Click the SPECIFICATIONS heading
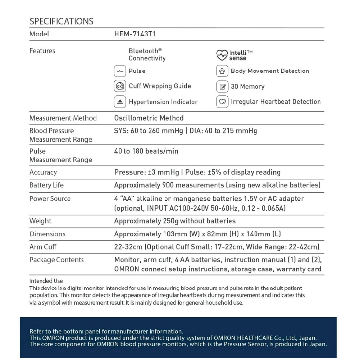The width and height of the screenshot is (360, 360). pyautogui.click(x=61, y=21)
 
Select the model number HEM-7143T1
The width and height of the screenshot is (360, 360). pyautogui.click(x=135, y=34)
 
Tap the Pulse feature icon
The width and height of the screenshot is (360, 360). pyautogui.click(x=120, y=71)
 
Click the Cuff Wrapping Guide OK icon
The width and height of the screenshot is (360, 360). pyautogui.click(x=120, y=86)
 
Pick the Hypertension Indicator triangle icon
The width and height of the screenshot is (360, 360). pyautogui.click(x=120, y=102)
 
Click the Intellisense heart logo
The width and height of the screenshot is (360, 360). pyautogui.click(x=222, y=55)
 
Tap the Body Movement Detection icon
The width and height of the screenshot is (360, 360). pyautogui.click(x=222, y=71)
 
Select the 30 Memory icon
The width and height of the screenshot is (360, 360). pyautogui.click(x=222, y=86)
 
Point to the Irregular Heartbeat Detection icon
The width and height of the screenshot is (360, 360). pyautogui.click(x=222, y=102)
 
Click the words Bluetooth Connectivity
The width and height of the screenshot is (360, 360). pyautogui.click(x=147, y=55)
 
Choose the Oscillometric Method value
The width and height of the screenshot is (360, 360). pyautogui.click(x=149, y=118)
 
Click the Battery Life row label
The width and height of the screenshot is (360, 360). pyautogui.click(x=46, y=185)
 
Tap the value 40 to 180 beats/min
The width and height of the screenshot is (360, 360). pyautogui.click(x=146, y=151)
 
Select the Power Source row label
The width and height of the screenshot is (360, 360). pyautogui.click(x=50, y=199)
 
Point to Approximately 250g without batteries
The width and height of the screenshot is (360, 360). pyautogui.click(x=175, y=221)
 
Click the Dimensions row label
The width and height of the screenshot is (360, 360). pyautogui.click(x=47, y=234)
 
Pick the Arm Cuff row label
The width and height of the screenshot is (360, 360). pyautogui.click(x=43, y=247)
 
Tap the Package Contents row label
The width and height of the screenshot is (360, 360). pyautogui.click(x=56, y=260)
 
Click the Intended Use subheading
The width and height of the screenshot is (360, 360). pyautogui.click(x=46, y=281)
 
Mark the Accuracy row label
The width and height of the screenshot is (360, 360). pyautogui.click(x=43, y=172)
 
